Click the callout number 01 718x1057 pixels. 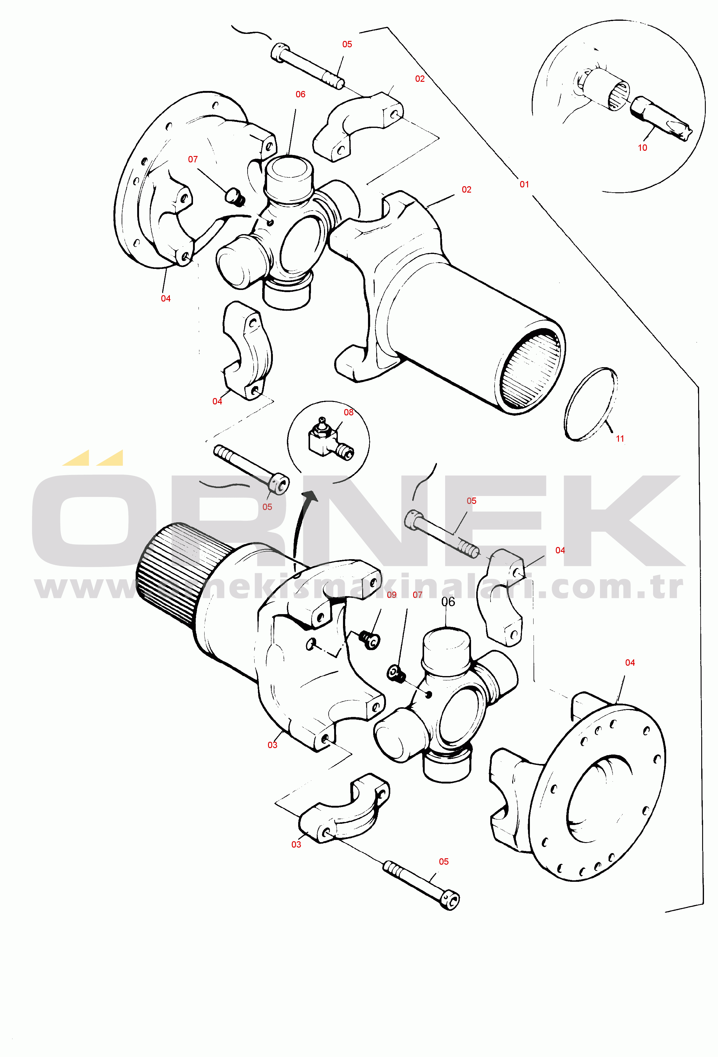[524, 184]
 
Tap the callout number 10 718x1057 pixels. [642, 147]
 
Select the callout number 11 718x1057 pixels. [620, 438]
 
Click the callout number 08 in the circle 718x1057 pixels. [348, 412]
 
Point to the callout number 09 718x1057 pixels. [391, 595]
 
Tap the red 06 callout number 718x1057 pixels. [300, 94]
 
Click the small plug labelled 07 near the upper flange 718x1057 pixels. [235, 198]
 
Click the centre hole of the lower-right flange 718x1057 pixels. [598, 799]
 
